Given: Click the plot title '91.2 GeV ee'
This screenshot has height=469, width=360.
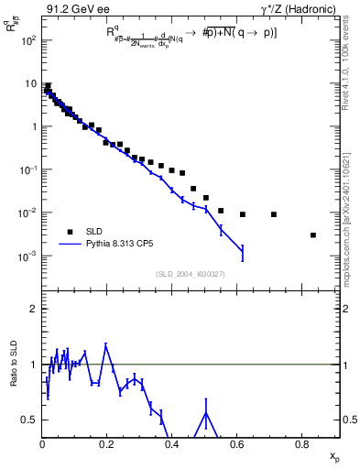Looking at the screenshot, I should pos(71,9).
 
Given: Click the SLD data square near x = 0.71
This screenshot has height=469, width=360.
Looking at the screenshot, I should pos(274,214).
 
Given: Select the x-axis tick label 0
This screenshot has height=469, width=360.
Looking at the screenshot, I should pos(42,446).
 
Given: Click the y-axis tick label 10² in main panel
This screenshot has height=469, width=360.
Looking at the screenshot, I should pos(27,41).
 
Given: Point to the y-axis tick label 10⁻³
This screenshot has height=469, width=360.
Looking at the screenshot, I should pos(27,256).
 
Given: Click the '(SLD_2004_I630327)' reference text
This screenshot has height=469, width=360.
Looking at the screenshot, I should pos(191,274).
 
